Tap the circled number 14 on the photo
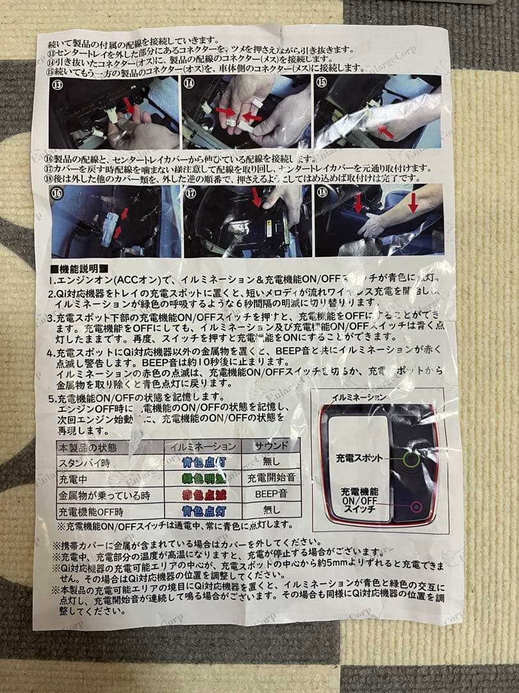[190, 83]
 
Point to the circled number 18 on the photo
[322, 192]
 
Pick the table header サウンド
[271, 445]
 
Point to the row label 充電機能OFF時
[91, 512]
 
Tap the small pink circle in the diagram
[415, 507]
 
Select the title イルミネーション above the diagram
[359, 397]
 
